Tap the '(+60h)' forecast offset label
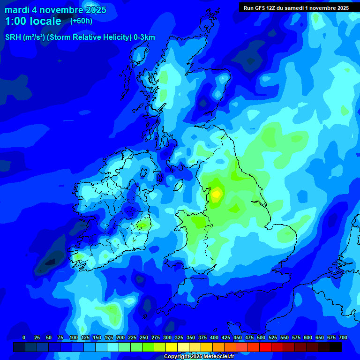[x=81, y=21]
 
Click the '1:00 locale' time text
[x=33, y=21]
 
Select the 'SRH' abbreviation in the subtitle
[x=13, y=37]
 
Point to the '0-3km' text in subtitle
[x=144, y=37]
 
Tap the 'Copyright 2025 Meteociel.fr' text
[x=199, y=356]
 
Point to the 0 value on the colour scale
[x=24, y=337]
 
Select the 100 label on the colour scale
[x=73, y=337]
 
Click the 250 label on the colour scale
[x=143, y=337]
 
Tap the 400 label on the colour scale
[x=214, y=337]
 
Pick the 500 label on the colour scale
[x=261, y=337]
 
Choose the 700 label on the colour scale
[x=343, y=337]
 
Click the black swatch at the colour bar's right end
[x=336, y=347]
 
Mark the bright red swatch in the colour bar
[x=265, y=347]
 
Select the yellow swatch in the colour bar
[x=172, y=347]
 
